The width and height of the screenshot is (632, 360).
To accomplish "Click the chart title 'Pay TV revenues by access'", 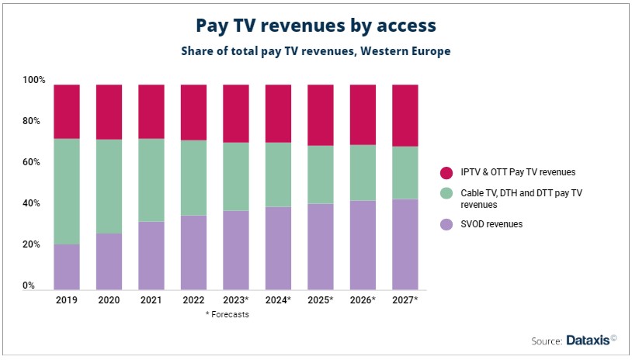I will pyautogui.click(x=315, y=26).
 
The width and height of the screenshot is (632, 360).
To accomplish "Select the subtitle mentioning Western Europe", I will pyautogui.click(x=315, y=51).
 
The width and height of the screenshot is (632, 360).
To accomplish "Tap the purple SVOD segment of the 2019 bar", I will pyautogui.click(x=67, y=266).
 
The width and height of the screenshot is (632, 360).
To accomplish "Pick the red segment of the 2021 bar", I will pyautogui.click(x=151, y=112).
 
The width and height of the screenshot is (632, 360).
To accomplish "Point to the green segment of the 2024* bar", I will pyautogui.click(x=278, y=175).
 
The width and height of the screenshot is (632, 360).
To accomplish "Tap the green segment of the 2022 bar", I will pyautogui.click(x=193, y=178).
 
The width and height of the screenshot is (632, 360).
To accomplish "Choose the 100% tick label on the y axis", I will pyautogui.click(x=34, y=80).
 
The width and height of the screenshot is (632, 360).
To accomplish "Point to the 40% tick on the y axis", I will pyautogui.click(x=34, y=203).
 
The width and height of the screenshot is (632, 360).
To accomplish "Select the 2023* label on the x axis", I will pyautogui.click(x=236, y=299).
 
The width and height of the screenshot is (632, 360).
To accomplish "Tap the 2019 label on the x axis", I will pyautogui.click(x=67, y=299).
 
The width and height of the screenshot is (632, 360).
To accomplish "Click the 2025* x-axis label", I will pyautogui.click(x=321, y=299).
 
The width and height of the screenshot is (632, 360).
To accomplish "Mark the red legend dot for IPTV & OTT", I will pyautogui.click(x=446, y=171).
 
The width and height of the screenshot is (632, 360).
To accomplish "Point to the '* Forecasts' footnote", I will pyautogui.click(x=227, y=314).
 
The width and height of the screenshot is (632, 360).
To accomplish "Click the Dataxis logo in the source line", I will pyautogui.click(x=591, y=341).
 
